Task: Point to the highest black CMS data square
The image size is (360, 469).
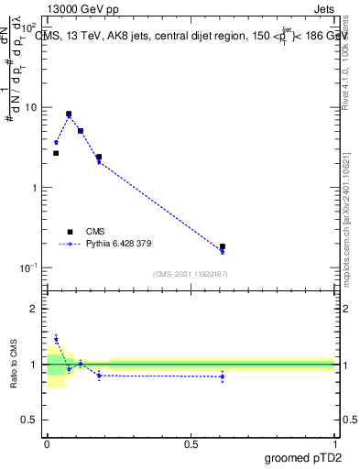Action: tap(69, 115)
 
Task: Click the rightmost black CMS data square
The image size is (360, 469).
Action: tap(223, 246)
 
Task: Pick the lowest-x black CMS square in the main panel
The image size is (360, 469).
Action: tap(56, 153)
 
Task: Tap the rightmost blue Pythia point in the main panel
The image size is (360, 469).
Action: tap(223, 252)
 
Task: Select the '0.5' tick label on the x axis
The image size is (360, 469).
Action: tap(191, 442)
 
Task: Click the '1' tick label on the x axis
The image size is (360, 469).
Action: tap(335, 442)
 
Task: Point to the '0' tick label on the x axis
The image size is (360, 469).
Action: tap(47, 442)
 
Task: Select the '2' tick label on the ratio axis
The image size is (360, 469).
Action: tap(35, 309)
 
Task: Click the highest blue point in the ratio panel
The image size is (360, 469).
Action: tap(56, 339)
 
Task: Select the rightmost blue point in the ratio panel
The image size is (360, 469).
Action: tap(223, 376)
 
